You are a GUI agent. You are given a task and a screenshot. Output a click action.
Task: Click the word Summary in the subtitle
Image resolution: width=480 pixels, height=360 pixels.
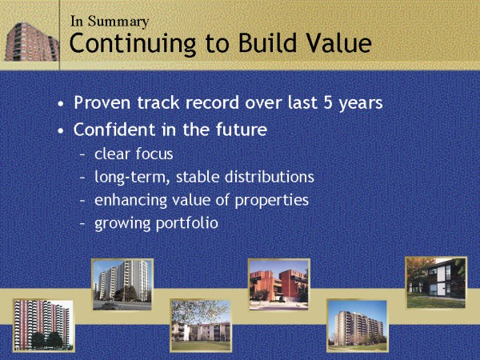pos(118,22)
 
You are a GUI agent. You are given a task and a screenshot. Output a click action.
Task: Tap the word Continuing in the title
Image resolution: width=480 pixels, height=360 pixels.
pos(133,44)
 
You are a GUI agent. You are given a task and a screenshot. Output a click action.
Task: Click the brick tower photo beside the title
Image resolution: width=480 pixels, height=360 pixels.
pos(32,42)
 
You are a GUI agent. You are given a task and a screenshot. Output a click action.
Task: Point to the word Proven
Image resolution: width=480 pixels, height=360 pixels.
pos(102,102)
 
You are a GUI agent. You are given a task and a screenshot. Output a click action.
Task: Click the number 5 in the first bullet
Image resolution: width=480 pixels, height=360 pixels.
pos(328,103)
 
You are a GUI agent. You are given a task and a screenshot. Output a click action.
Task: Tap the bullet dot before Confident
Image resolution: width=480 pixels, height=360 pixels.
pos(61,130)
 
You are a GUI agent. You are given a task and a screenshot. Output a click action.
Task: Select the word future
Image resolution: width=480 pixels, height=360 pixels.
pos(242,129)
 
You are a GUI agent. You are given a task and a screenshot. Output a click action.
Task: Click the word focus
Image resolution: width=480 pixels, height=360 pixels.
pos(154,154)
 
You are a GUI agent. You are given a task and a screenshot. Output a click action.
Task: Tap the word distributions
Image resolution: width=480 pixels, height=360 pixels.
pos(270,177)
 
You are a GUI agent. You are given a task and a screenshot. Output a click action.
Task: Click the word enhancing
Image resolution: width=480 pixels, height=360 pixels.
pos(130,201)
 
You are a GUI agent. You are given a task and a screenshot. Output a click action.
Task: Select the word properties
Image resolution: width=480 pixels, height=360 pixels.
pos(272,201)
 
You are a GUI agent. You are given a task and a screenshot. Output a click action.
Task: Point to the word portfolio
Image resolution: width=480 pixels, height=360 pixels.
pos(187,223)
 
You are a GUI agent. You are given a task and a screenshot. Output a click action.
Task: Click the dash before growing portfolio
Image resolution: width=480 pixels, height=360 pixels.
pos(82,223)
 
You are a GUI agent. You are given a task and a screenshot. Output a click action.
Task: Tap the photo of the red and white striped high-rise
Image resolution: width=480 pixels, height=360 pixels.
pos(43,326)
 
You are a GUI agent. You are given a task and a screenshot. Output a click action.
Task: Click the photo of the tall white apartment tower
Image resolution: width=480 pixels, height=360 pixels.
pos(122,285)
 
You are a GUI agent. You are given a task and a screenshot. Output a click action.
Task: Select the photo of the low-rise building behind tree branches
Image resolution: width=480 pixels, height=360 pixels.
pos(201,326)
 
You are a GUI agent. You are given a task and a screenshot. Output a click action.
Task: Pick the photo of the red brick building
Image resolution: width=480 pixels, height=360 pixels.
pos(279,285)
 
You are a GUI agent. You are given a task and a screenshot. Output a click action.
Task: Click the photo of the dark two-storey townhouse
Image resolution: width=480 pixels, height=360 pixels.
pos(436,283)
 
